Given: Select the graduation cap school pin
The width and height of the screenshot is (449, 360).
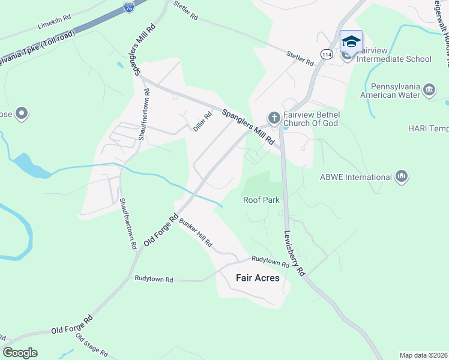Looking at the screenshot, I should [351, 41].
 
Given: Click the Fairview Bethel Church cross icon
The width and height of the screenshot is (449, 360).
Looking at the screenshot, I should [274, 118].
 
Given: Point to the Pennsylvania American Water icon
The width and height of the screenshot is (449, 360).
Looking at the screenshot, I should [429, 90].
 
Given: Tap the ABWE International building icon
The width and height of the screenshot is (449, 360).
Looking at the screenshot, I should [402, 176].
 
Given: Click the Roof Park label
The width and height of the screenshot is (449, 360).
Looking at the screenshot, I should [261, 200].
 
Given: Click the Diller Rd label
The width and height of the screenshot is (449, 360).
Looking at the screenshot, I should [202, 122].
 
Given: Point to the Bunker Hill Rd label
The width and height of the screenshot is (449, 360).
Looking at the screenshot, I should [196, 233].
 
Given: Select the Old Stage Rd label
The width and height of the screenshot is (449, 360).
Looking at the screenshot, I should [91, 346].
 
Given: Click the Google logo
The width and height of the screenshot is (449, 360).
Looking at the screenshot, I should [20, 353].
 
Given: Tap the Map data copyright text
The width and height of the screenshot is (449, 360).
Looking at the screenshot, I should [423, 355].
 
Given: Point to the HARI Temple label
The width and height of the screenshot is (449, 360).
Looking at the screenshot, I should [428, 128].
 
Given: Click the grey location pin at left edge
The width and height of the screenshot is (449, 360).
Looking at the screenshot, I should [22, 113].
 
